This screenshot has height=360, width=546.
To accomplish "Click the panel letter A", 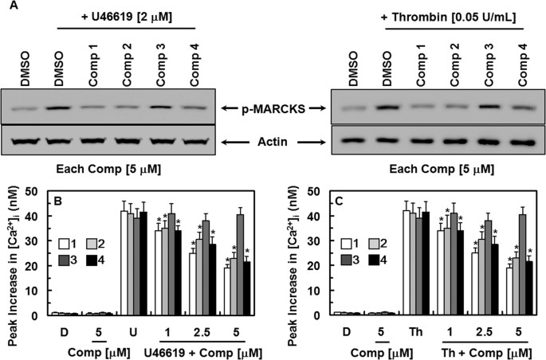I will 7,6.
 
